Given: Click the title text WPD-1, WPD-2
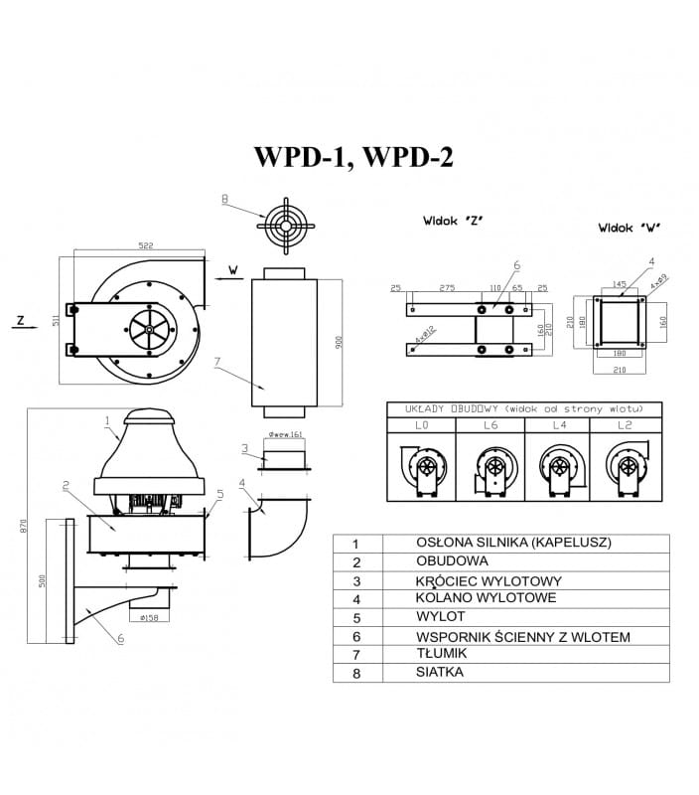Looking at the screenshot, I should pyautogui.click(x=353, y=157).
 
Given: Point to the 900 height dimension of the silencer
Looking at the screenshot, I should pyautogui.click(x=339, y=341).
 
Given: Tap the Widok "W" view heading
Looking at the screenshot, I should pyautogui.click(x=629, y=227).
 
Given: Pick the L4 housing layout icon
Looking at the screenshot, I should pyautogui.click(x=556, y=468).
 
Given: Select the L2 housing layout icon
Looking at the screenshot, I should pyautogui.click(x=624, y=468).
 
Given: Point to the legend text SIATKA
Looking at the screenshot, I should pyautogui.click(x=440, y=672).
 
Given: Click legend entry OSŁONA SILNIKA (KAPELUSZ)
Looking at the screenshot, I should pyautogui.click(x=513, y=544).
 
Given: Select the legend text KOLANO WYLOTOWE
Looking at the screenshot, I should pyautogui.click(x=486, y=598).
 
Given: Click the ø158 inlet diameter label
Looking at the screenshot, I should pyautogui.click(x=151, y=617).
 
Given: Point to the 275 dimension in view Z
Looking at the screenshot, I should pyautogui.click(x=446, y=287).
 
